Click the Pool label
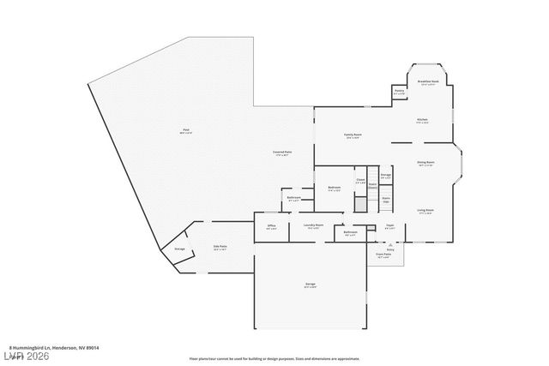185,129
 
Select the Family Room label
353,135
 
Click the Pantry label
399,91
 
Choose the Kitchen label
422,119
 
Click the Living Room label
425,210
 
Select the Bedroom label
335,187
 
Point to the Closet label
361,181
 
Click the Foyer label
389,225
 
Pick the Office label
271,226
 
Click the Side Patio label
220,247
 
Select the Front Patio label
383,255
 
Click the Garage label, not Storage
310,284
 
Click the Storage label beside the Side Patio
179,249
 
